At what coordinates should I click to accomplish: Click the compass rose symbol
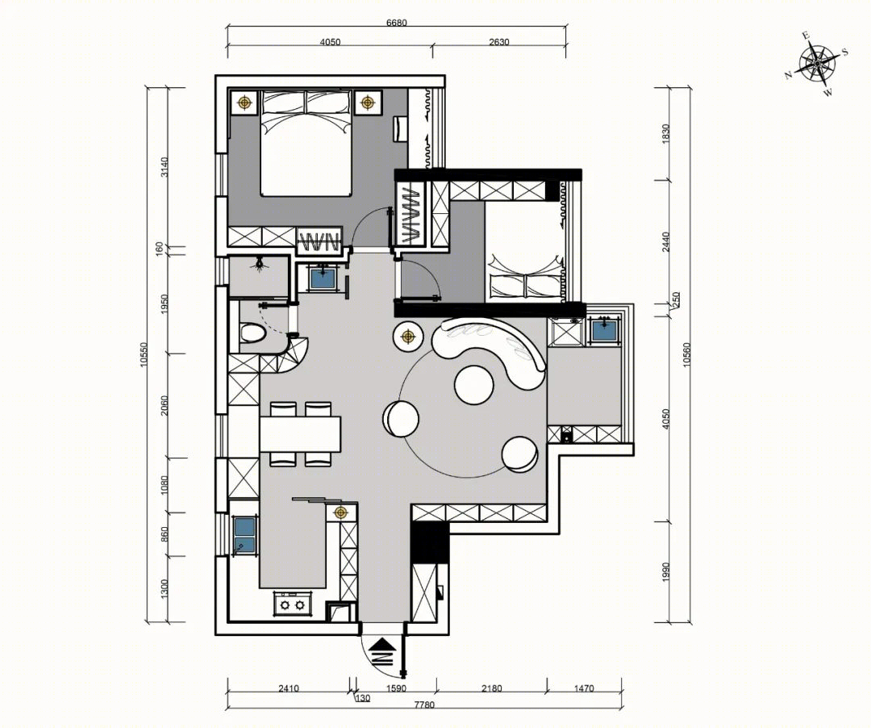coord(817,64)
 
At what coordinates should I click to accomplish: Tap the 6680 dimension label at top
coord(397,23)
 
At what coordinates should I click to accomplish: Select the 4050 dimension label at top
coord(330,42)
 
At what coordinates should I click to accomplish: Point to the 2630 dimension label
coord(499,42)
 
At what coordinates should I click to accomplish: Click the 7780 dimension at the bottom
coord(424,705)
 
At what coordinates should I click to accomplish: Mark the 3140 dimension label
coord(163,167)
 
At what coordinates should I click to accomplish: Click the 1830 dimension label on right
coord(667,134)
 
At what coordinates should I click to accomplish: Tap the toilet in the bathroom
coord(252,333)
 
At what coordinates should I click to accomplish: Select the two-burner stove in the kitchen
coord(292,604)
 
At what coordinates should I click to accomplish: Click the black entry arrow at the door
coord(381,651)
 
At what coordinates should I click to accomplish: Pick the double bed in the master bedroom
coord(306,143)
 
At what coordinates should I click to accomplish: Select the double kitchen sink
coord(245,536)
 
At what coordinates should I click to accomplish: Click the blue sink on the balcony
coord(604,330)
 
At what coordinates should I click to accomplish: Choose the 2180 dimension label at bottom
coord(492,688)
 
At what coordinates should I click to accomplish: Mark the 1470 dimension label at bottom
coord(584,688)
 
